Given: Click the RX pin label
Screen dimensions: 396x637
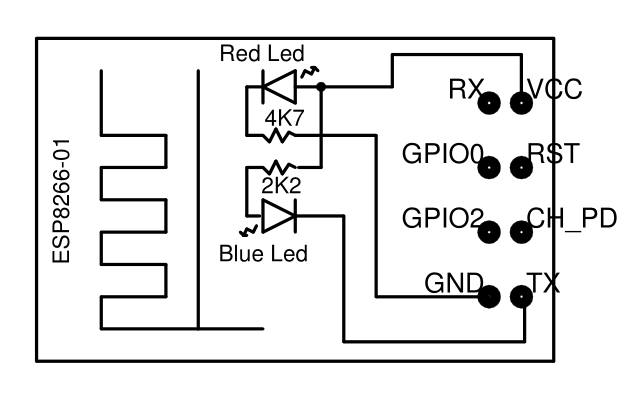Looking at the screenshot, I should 466,90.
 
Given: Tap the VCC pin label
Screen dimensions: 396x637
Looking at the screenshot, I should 556,90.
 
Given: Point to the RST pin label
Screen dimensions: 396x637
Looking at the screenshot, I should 552,155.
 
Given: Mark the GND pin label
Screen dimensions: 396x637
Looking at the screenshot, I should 454,283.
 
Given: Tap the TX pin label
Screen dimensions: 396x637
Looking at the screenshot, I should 544,283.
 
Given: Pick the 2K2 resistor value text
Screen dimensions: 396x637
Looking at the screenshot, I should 281,186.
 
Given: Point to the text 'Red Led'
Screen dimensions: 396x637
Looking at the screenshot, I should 262,53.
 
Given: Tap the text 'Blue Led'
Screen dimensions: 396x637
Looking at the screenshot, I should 263,253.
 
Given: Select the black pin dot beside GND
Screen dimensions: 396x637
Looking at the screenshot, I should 490,297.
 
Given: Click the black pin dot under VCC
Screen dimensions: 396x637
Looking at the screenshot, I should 521,102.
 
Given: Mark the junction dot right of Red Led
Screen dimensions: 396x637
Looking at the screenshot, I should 321,87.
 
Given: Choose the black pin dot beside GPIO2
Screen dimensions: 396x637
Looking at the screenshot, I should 490,232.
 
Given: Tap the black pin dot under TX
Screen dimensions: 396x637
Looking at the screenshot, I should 521,297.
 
